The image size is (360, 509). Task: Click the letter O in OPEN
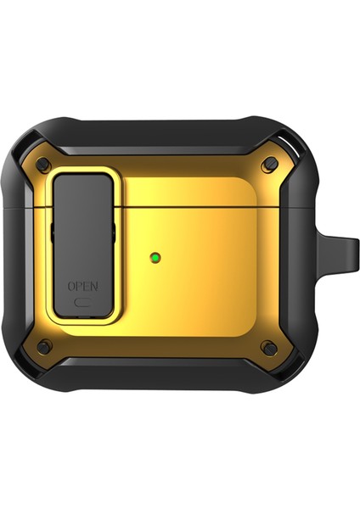point(70,285)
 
